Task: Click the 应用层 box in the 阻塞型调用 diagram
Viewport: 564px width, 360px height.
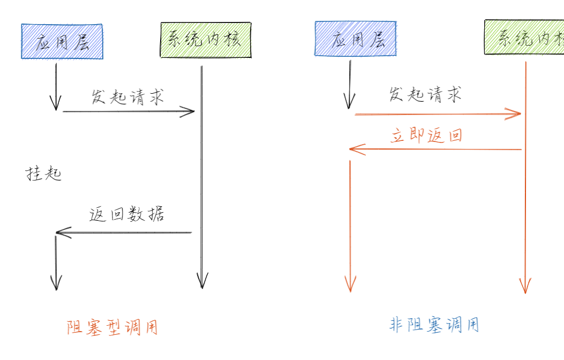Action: pyautogui.click(x=62, y=41)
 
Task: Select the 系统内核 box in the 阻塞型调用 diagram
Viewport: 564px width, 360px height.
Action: pyautogui.click(x=206, y=40)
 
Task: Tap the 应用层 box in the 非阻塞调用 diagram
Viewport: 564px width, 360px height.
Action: pyautogui.click(x=355, y=39)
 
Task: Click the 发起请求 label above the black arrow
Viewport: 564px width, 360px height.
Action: pyautogui.click(x=127, y=97)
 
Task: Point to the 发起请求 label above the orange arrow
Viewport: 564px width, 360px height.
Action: pyautogui.click(x=425, y=95)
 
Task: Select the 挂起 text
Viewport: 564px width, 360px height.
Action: pyautogui.click(x=44, y=174)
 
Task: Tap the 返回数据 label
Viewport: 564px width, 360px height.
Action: pyautogui.click(x=127, y=214)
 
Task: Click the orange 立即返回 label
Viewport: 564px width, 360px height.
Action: pyautogui.click(x=426, y=135)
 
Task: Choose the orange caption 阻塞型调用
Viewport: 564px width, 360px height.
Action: pyautogui.click(x=113, y=327)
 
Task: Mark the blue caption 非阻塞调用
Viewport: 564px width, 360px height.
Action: pyautogui.click(x=434, y=325)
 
